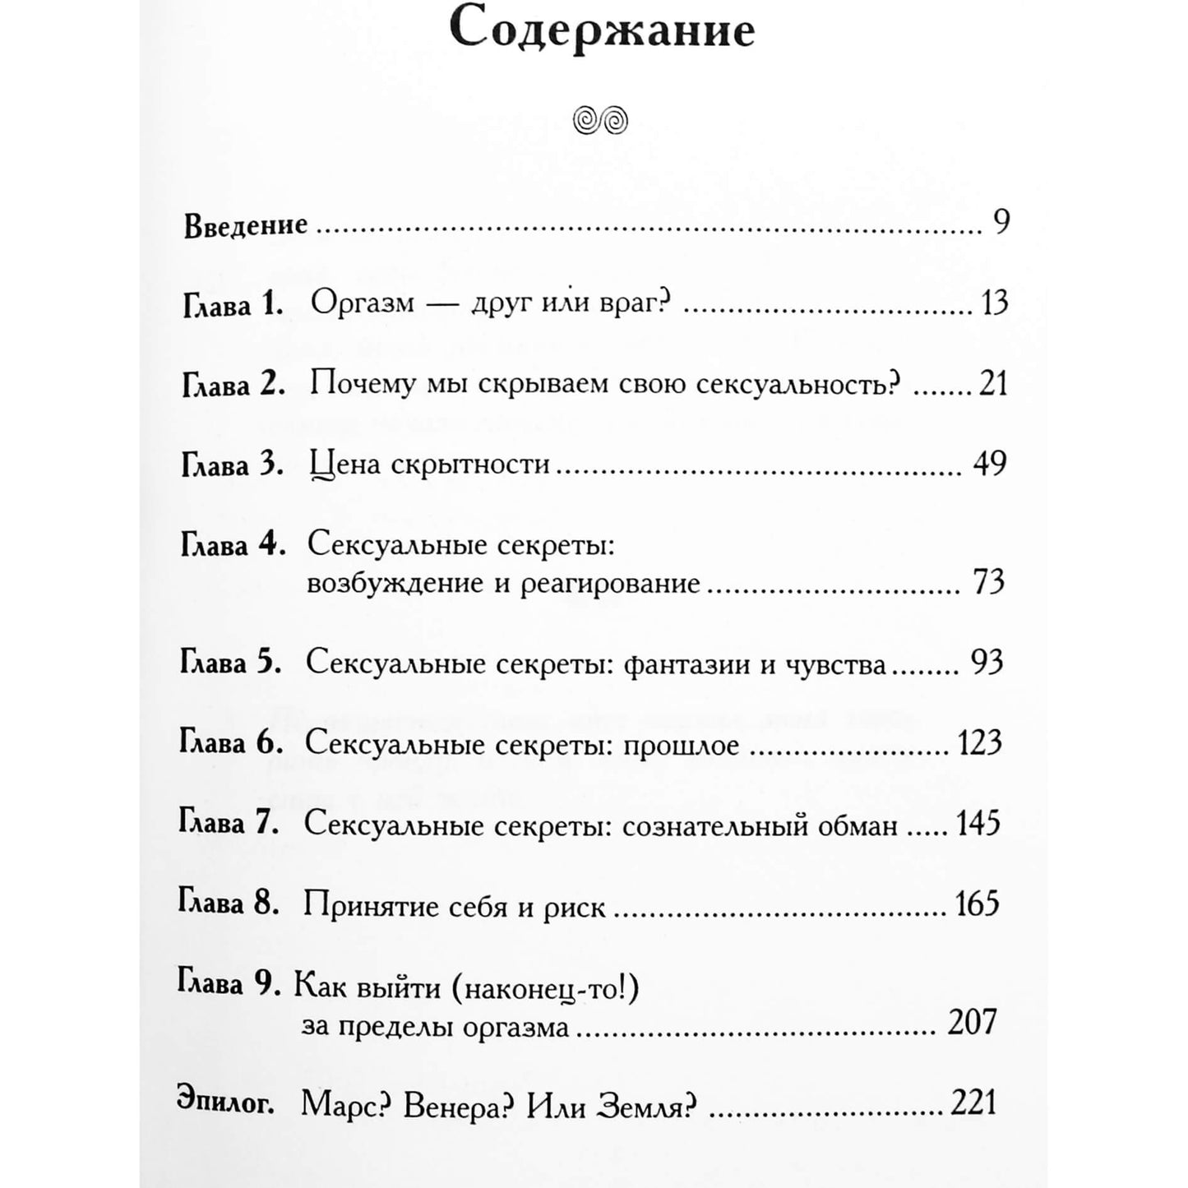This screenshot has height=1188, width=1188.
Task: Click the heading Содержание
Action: click(x=603, y=31)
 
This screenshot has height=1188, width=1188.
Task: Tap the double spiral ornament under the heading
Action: click(x=601, y=121)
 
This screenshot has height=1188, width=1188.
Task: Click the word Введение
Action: click(x=246, y=225)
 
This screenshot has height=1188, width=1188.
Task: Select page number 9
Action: click(x=1001, y=223)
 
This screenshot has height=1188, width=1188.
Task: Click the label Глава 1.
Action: click(x=232, y=305)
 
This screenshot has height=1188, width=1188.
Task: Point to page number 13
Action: click(x=994, y=303)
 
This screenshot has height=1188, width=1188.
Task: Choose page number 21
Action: click(x=993, y=383)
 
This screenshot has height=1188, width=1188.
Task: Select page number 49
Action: click(x=989, y=465)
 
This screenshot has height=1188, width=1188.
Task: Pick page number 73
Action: click(x=989, y=582)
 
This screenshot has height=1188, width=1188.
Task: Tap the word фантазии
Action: click(x=687, y=664)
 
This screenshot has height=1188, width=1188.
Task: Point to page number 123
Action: click(x=980, y=743)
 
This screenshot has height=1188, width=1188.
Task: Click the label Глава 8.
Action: click(x=229, y=904)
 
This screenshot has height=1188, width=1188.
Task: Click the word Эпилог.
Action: click(x=225, y=1102)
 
